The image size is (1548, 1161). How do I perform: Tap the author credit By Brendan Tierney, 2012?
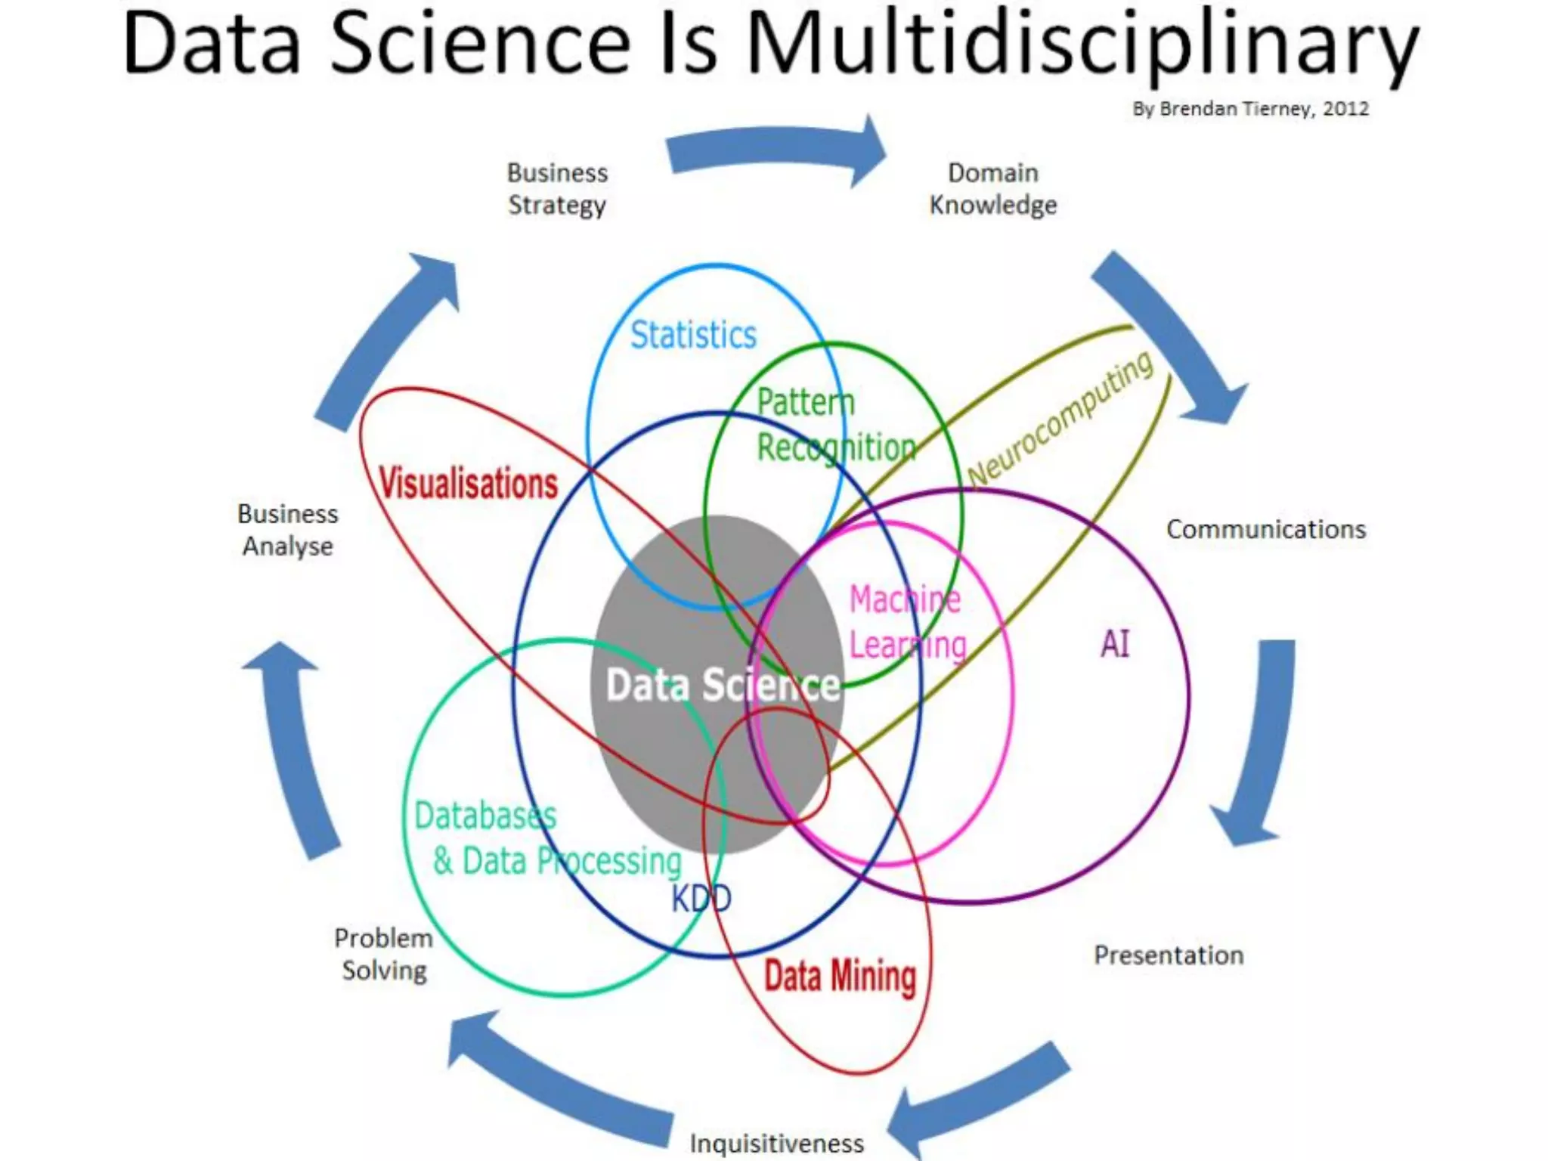click(1250, 109)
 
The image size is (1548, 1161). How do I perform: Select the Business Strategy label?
click(557, 189)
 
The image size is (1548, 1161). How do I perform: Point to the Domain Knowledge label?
click(992, 189)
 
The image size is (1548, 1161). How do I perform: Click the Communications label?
click(1266, 529)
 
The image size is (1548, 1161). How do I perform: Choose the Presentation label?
click(1169, 955)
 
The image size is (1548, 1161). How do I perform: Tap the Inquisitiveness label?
click(776, 1143)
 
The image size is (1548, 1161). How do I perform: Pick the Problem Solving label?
click(384, 954)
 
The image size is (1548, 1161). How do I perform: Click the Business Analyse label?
click(288, 530)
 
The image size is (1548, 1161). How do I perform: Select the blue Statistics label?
click(693, 335)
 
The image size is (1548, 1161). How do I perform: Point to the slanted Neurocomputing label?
click(1060, 420)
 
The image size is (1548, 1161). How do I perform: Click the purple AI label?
click(1115, 645)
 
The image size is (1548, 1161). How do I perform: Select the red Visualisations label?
click(469, 483)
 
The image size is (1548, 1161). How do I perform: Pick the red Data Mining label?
click(840, 975)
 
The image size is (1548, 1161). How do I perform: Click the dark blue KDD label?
click(701, 899)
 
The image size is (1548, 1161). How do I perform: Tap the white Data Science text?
click(723, 685)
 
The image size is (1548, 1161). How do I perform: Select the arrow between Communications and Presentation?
click(1259, 741)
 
